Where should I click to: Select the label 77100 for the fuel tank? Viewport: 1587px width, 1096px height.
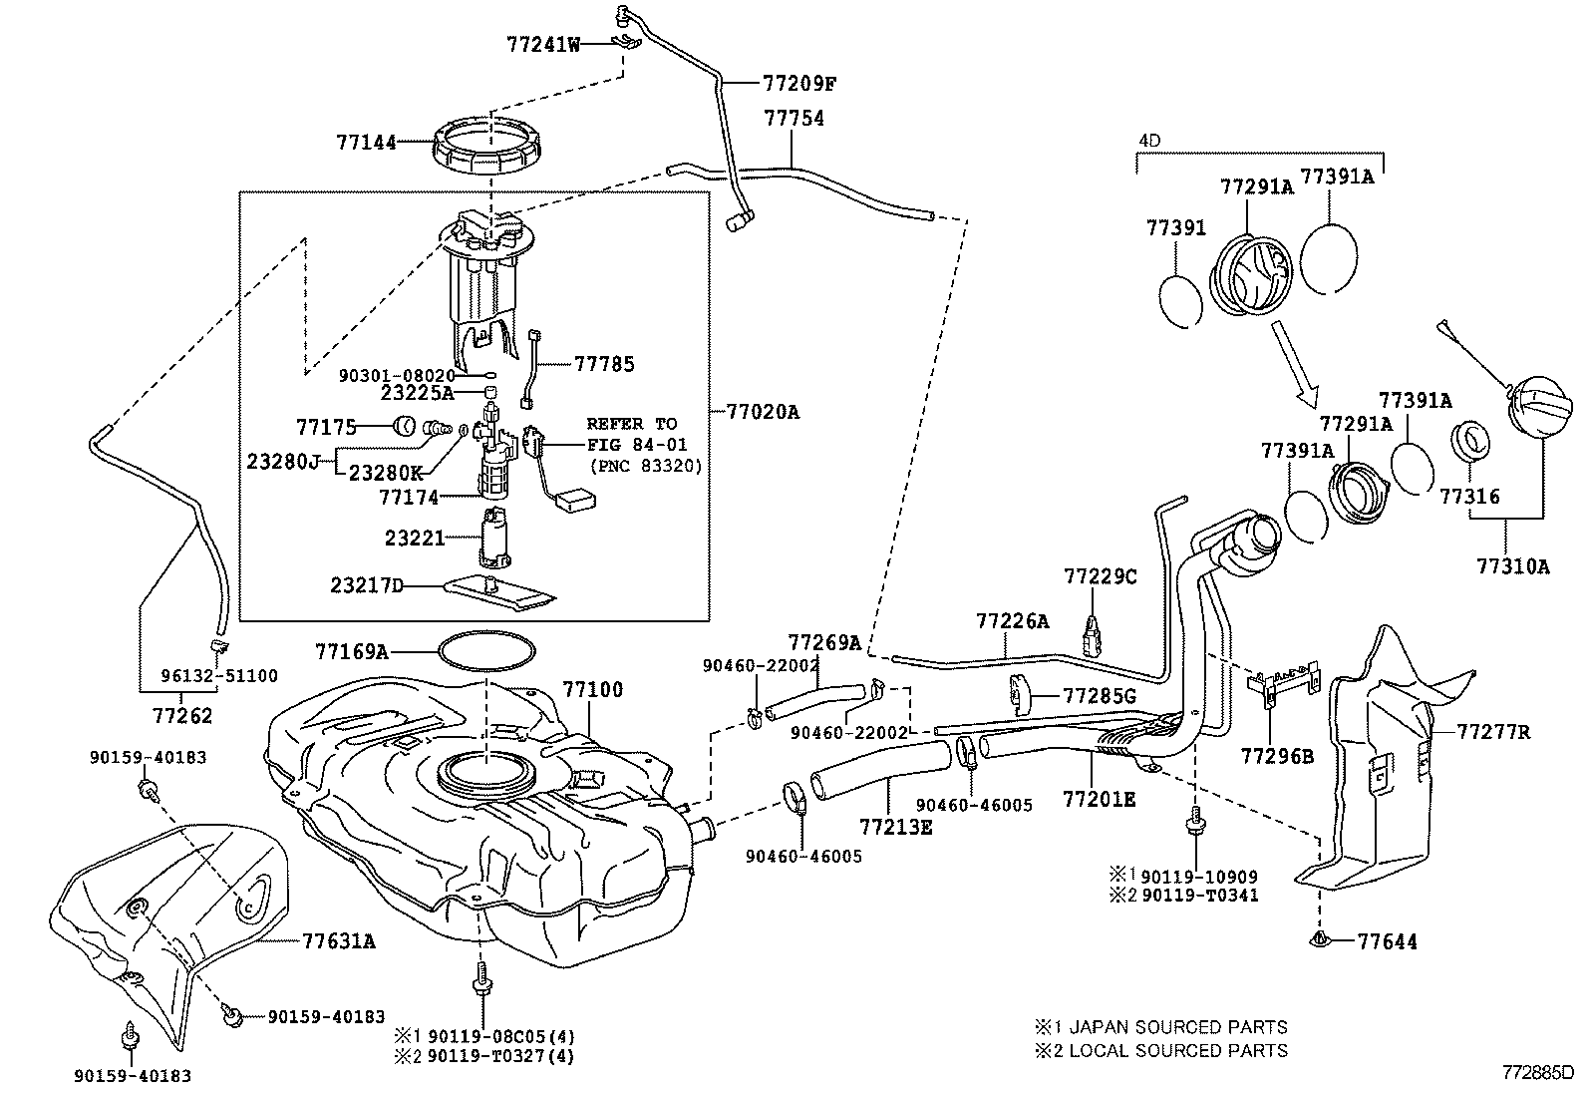[592, 689]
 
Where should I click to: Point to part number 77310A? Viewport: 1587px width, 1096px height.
[1512, 566]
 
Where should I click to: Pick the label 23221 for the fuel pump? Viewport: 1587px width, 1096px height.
[415, 538]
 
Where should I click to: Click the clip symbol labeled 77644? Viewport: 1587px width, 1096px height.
[1320, 939]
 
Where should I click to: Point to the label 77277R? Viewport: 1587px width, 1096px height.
[1492, 732]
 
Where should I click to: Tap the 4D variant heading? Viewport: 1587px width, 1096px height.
[1149, 141]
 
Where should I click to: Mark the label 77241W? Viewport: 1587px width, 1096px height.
[542, 44]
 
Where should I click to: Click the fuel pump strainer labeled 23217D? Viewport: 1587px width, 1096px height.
[498, 592]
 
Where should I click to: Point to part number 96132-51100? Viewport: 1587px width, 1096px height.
[219, 675]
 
